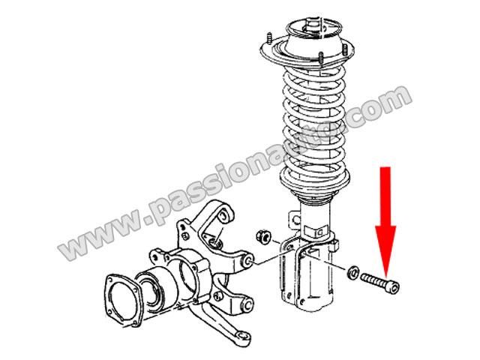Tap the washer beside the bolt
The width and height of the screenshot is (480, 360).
click(352, 272)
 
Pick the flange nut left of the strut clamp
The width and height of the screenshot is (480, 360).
click(263, 237)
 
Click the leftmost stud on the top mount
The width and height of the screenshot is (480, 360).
click(270, 38)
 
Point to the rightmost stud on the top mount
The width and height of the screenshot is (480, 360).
click(345, 50)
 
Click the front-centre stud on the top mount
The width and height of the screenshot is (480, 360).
click(321, 58)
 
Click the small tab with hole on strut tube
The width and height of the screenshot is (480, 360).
click(295, 219)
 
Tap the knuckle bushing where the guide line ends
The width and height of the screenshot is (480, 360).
click(248, 260)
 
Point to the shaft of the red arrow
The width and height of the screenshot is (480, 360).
click(385, 196)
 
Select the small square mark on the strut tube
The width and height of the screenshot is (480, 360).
click(319, 232)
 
